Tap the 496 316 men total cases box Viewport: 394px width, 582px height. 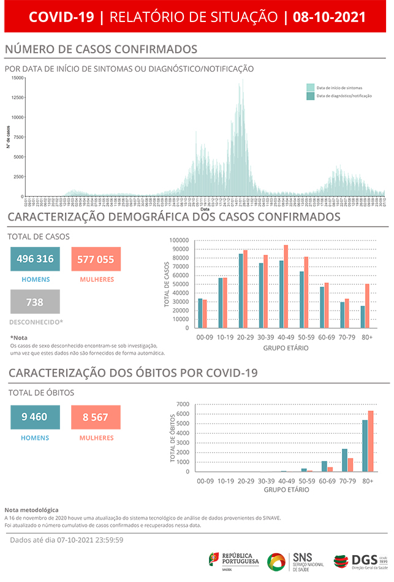[x=35, y=259]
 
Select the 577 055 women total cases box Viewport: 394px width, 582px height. [x=96, y=259]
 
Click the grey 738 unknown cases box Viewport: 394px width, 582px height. [x=35, y=302]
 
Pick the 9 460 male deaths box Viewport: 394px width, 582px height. [x=35, y=417]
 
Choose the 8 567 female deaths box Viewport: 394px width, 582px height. [x=96, y=417]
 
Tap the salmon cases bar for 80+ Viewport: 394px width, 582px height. [x=368, y=306]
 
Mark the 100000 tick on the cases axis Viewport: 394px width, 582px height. [x=181, y=241]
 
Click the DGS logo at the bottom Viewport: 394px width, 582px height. [x=358, y=560]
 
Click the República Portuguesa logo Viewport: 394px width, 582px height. [x=235, y=560]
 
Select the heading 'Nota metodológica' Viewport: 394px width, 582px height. [x=31, y=509]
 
